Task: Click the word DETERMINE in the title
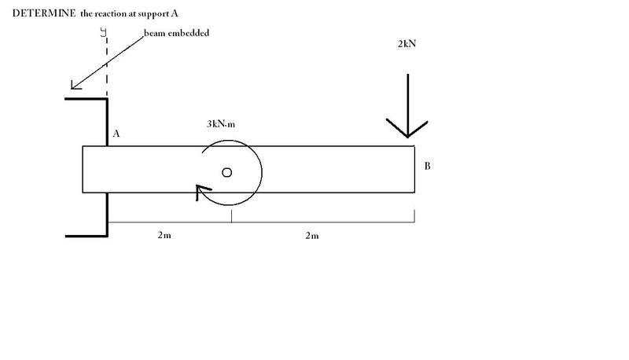(44, 13)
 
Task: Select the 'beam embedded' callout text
(176, 33)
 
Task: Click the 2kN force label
(406, 44)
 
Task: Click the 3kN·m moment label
(221, 124)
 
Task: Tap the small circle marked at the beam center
(226, 172)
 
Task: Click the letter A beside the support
(116, 134)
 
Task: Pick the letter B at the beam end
(427, 166)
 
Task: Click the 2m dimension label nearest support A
(164, 235)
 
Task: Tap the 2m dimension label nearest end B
(312, 235)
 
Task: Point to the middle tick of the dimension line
(231, 215)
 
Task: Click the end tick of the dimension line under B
(414, 215)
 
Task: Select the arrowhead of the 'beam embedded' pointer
(75, 85)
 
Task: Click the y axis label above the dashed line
(104, 32)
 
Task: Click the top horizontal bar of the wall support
(86, 98)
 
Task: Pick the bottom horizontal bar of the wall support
(86, 236)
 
